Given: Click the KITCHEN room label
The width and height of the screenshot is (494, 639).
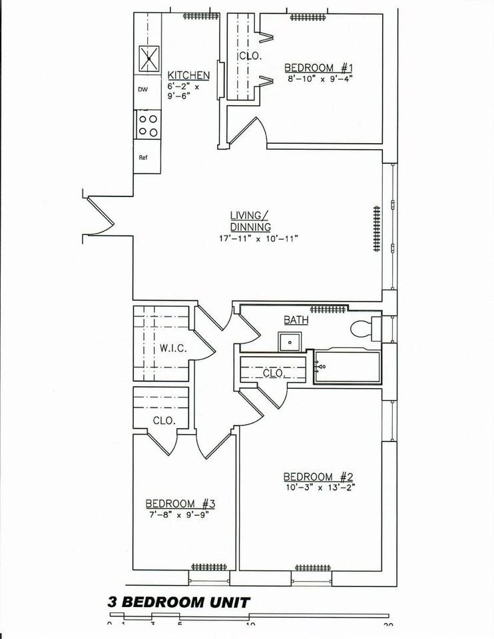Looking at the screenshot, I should (188, 75).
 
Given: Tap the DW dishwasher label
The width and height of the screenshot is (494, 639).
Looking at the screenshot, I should (142, 89).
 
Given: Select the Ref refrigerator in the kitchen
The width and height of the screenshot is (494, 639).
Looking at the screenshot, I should (142, 158).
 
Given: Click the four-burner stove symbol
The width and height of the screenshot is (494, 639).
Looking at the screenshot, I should (148, 124).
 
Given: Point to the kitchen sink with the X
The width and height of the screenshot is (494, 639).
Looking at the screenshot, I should (148, 58).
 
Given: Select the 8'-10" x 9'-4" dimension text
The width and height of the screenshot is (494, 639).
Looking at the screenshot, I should (318, 78).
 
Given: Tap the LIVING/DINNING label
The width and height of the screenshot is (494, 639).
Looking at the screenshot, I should (250, 221).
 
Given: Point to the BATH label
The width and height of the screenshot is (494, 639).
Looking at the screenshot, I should (296, 319).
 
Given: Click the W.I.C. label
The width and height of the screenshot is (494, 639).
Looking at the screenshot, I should (172, 348).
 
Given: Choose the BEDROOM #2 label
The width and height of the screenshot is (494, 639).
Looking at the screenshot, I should (318, 477).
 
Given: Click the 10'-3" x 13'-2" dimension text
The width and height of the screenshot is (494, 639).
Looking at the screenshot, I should (320, 487).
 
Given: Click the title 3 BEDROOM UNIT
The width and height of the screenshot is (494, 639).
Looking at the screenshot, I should (178, 603).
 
